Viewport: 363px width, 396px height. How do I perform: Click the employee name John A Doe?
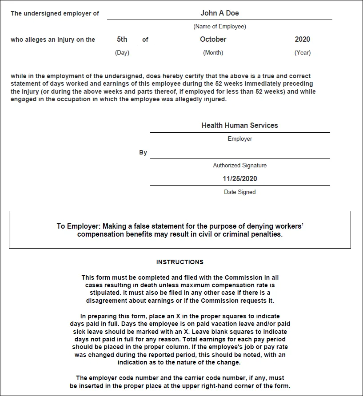219,13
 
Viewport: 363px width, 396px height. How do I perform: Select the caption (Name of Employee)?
219,27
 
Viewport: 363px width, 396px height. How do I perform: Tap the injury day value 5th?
122,40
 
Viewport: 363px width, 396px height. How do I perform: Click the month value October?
213,40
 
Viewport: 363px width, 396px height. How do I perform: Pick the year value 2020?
303,40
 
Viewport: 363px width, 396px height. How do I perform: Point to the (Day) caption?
122,53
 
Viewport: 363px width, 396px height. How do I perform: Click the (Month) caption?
213,53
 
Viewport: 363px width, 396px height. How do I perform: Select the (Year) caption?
303,53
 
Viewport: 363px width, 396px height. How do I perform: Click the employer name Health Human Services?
240,126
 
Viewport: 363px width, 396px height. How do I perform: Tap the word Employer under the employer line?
240,139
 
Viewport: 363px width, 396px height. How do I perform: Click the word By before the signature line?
143,153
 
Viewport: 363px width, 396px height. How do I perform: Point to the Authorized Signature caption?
240,166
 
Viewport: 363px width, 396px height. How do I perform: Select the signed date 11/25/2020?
240,179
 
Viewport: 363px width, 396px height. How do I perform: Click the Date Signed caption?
240,192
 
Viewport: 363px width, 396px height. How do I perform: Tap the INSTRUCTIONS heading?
180,262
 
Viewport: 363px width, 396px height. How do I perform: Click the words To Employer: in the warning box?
74,226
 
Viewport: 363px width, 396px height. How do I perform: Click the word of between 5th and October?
145,40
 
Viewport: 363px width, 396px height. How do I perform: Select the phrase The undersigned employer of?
55,13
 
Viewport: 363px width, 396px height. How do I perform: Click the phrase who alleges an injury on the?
53,40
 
